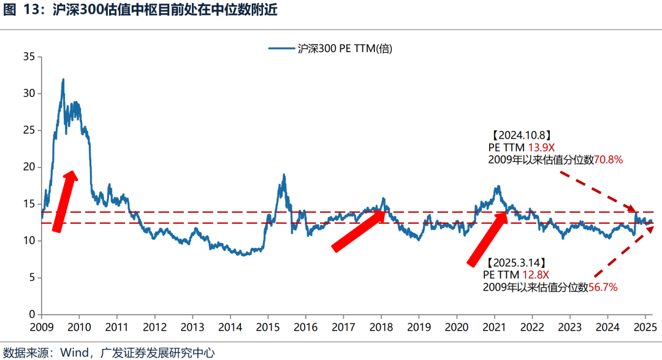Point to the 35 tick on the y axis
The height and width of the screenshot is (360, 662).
point(29,57)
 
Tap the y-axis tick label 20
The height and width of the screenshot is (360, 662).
point(29,167)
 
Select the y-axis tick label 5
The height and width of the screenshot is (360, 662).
point(32,278)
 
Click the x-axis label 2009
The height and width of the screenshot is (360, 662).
point(42,326)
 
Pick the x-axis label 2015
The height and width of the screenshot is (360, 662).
point(267,326)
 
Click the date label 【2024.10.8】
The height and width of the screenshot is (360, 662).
point(520,135)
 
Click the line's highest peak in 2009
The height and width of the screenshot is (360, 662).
point(63,79)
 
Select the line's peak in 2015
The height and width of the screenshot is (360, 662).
point(283,175)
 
